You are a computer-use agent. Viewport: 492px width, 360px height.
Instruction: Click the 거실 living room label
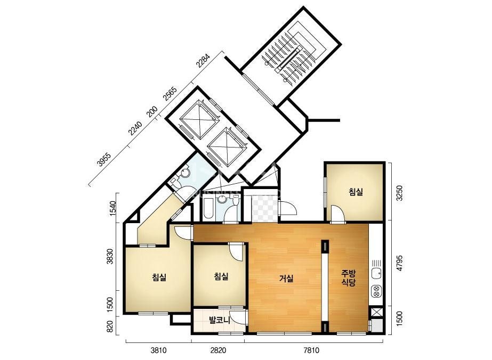[286, 278]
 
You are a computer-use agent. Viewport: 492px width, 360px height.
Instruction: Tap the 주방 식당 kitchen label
[349, 277]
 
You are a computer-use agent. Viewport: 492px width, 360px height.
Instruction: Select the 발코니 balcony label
[220, 321]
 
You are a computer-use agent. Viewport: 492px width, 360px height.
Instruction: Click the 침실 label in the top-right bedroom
[356, 192]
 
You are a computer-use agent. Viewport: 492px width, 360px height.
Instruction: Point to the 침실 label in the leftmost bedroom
[159, 277]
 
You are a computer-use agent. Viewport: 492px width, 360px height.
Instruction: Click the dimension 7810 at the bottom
[311, 350]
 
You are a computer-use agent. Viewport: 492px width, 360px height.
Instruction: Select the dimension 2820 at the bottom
[218, 350]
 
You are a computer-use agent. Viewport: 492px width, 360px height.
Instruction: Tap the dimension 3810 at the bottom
[159, 350]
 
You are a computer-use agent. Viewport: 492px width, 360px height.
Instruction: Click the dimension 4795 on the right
[399, 263]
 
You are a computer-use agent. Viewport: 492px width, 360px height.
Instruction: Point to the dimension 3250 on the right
[399, 193]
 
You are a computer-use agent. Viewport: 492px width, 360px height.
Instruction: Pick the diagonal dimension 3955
[104, 159]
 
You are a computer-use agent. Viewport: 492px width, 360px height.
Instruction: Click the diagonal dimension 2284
[203, 61]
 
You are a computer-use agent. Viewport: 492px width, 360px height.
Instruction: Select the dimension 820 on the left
[109, 327]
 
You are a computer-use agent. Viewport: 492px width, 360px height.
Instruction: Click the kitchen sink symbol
[376, 273]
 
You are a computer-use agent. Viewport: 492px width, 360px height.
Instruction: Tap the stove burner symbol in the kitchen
[376, 291]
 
